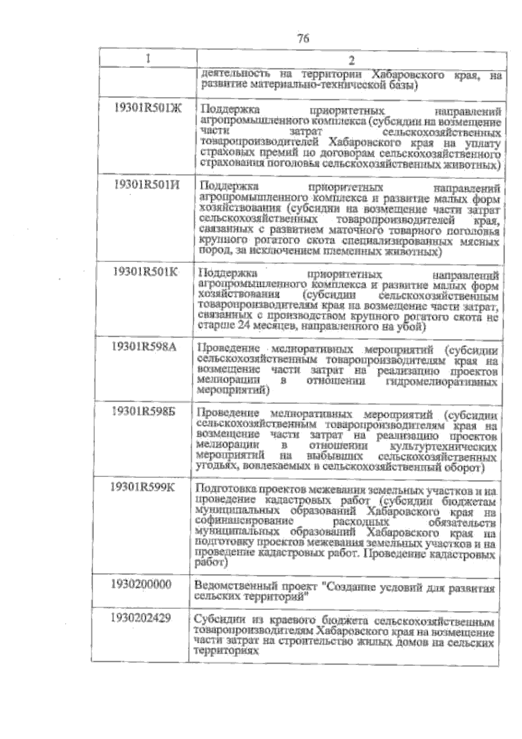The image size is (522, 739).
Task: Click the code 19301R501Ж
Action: tap(149, 108)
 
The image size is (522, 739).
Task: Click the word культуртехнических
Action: tap(444, 447)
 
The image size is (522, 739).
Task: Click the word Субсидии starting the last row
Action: tap(214, 619)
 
